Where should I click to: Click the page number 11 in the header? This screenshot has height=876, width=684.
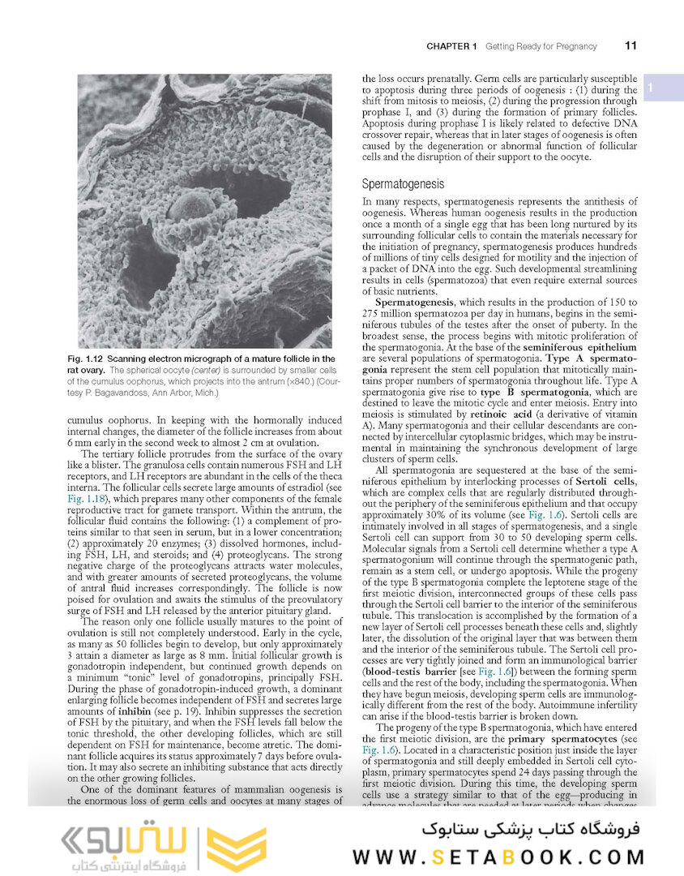[x=630, y=46]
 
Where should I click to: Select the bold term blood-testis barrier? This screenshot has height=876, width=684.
[x=408, y=672]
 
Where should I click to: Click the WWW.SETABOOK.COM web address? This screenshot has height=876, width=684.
[x=498, y=857]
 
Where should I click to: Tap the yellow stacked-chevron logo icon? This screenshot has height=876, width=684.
[x=236, y=849]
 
